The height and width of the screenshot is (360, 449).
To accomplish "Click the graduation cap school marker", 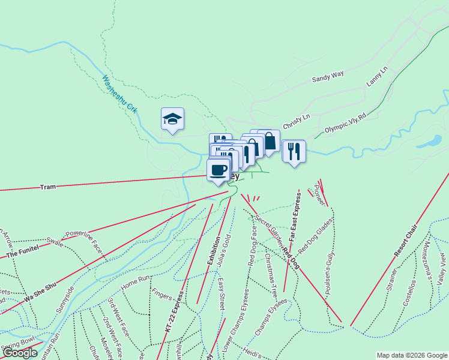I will [172, 119].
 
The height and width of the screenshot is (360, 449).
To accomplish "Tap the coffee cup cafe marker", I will [218, 169].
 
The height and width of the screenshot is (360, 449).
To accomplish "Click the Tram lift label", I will [48, 187].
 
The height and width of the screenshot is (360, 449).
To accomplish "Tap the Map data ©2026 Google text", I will [411, 355].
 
